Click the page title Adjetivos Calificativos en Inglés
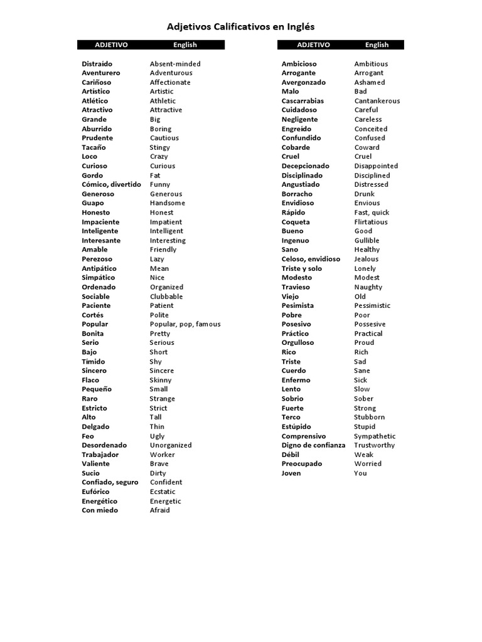240,27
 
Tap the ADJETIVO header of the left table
111,45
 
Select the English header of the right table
377,45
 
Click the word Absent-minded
175,64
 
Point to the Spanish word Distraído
97,64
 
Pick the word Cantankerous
377,101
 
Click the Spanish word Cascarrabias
303,101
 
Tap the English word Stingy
159,147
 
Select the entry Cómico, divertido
111,185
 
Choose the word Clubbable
166,297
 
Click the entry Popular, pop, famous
185,324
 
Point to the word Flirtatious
371,222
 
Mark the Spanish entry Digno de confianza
313,445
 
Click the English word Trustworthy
375,445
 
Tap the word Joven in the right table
291,473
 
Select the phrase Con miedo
100,510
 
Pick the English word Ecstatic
163,492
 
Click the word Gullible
367,241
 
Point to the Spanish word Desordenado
104,445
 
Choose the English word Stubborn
370,418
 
